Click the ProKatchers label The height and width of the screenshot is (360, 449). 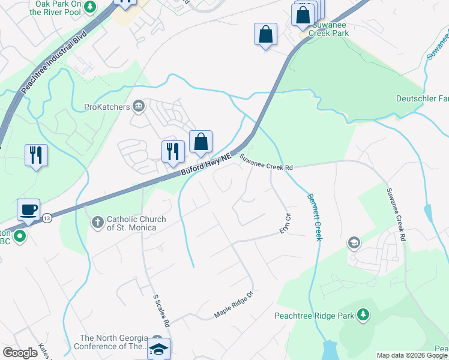tap(106, 107)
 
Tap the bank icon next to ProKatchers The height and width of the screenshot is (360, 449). tap(139, 107)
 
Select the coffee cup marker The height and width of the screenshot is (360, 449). tap(28, 210)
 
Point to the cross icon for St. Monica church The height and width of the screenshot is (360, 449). tap(98, 223)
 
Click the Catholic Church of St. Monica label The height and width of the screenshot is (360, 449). tap(131, 223)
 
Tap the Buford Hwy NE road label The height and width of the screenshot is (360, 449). tap(206, 166)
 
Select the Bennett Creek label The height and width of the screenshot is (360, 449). tap(315, 217)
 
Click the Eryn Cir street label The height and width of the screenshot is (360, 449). tap(285, 223)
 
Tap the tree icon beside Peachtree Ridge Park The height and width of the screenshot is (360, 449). tap(363, 314)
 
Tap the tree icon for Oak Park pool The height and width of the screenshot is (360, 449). tap(89, 7)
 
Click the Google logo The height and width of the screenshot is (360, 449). tap(20, 353)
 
